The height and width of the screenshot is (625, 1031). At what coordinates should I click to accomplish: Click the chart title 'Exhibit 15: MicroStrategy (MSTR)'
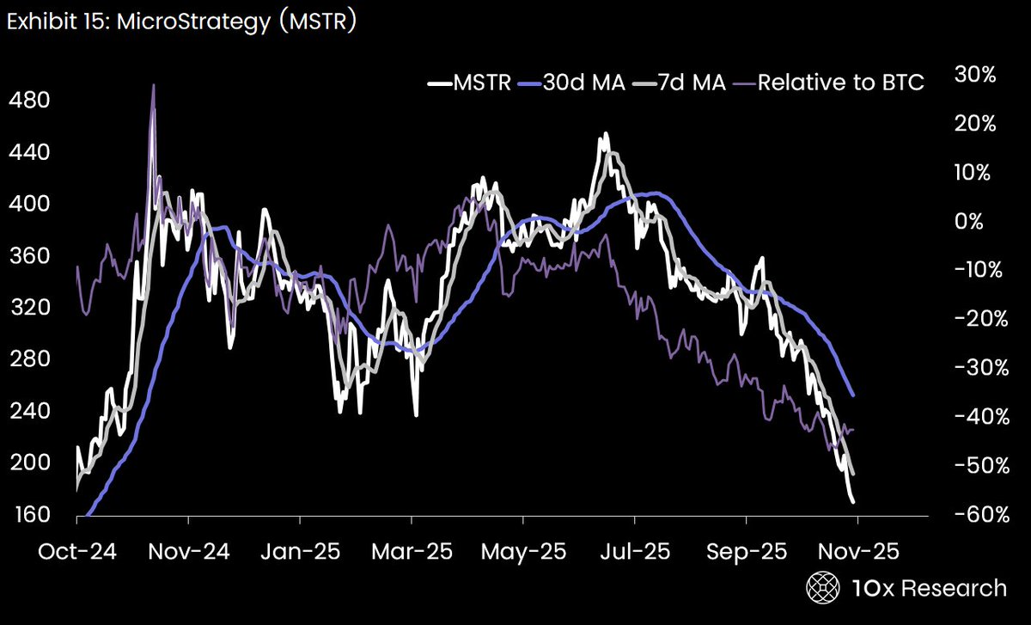click(x=181, y=22)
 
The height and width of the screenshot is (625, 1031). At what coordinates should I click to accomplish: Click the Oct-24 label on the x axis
click(x=76, y=551)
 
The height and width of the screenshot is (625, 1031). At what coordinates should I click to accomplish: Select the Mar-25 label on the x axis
click(x=412, y=551)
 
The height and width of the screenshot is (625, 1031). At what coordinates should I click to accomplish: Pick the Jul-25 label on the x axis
click(x=634, y=551)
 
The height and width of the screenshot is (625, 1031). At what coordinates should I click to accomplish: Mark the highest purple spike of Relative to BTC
click(x=154, y=86)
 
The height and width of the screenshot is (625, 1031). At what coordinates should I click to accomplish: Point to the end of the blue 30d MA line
click(x=853, y=395)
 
